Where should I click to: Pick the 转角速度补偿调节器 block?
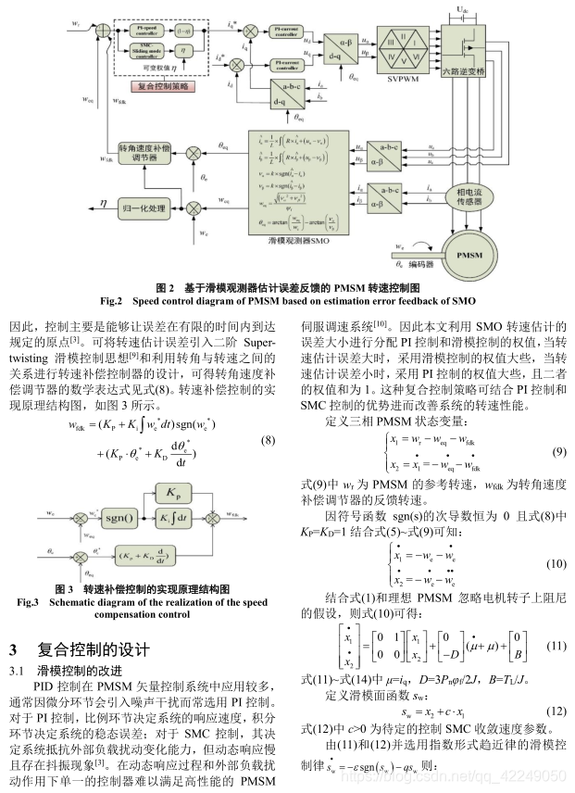(146, 153)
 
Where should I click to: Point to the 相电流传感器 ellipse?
(482, 197)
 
